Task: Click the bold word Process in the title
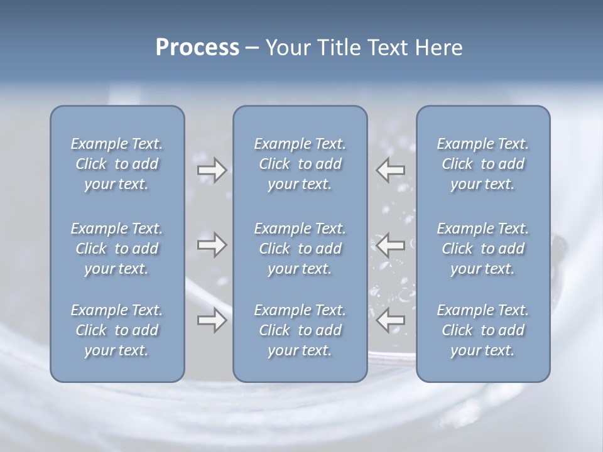pyautogui.click(x=197, y=48)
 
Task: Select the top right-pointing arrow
pyautogui.click(x=212, y=170)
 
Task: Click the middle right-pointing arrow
pyautogui.click(x=212, y=244)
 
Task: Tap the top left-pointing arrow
pyautogui.click(x=391, y=170)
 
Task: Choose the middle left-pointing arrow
pyautogui.click(x=391, y=244)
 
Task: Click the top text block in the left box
pyautogui.click(x=116, y=164)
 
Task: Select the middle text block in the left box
pyautogui.click(x=116, y=249)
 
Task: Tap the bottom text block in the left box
pyautogui.click(x=116, y=330)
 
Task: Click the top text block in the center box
pyautogui.click(x=300, y=164)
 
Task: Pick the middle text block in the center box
pyautogui.click(x=300, y=249)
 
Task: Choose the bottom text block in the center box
pyautogui.click(x=300, y=330)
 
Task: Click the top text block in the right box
pyautogui.click(x=482, y=164)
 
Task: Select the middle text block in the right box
pyautogui.click(x=482, y=249)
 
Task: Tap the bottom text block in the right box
pyautogui.click(x=482, y=330)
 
